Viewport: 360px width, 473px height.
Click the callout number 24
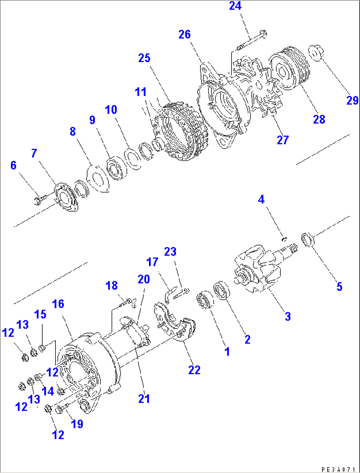235,6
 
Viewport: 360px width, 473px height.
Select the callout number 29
352,100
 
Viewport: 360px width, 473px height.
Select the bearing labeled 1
205,300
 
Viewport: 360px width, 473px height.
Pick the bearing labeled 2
222,290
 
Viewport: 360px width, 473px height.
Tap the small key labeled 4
284,238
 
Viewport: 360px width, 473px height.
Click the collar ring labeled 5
308,240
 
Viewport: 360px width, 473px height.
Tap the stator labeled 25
180,132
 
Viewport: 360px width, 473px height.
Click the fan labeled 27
261,89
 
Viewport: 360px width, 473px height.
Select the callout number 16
58,304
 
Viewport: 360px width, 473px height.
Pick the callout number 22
194,370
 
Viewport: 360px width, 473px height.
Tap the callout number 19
77,424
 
